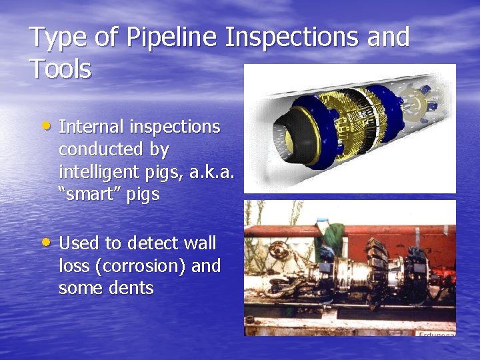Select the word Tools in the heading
[61, 69]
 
